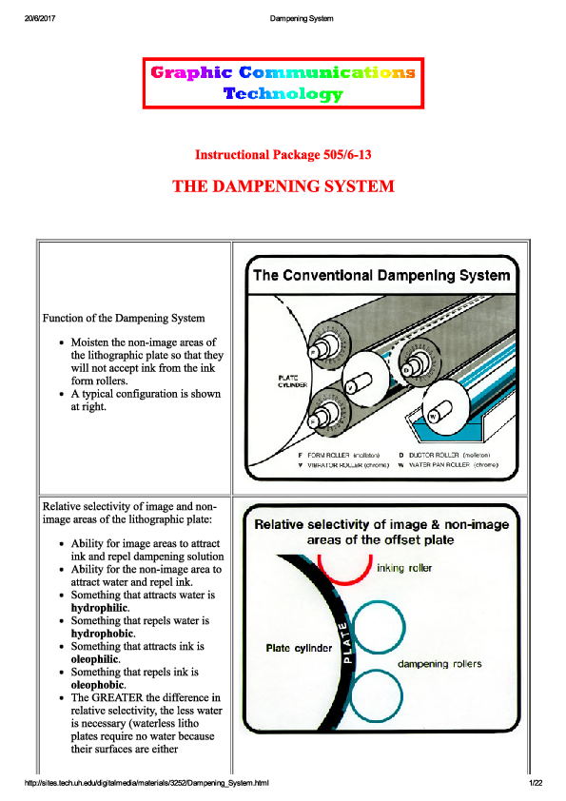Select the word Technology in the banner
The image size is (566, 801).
pyautogui.click(x=283, y=93)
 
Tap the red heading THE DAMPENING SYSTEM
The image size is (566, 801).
pyautogui.click(x=283, y=186)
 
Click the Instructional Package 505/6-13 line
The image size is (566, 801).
pyautogui.click(x=283, y=154)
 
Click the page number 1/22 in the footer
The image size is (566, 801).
pyautogui.click(x=536, y=782)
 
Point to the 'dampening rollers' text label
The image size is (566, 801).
pyautogui.click(x=439, y=663)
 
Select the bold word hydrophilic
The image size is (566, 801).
pyautogui.click(x=101, y=607)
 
